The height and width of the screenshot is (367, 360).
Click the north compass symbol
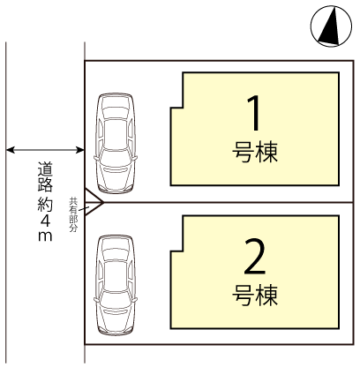click(x=331, y=26)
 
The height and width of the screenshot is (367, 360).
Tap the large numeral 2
click(x=255, y=257)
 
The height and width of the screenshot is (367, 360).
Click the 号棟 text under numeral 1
click(x=255, y=152)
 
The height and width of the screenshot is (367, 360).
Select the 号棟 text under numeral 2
click(x=255, y=295)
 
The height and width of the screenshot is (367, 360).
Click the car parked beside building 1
click(x=116, y=143)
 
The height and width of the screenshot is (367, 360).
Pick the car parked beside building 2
click(x=116, y=285)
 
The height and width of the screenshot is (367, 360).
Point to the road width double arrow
click(x=45, y=150)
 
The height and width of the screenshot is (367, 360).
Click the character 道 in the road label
click(x=45, y=169)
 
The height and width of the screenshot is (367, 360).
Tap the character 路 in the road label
click(x=45, y=185)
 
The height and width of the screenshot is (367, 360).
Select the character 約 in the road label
click(x=45, y=204)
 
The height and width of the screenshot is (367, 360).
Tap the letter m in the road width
click(x=45, y=236)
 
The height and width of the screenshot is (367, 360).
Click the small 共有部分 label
click(x=73, y=214)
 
